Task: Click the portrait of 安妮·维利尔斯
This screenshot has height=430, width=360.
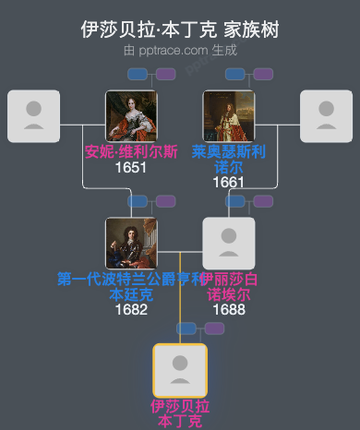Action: click(x=131, y=116)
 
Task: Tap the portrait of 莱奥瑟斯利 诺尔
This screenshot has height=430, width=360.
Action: click(x=228, y=116)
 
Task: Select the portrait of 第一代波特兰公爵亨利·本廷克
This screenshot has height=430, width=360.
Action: click(x=131, y=244)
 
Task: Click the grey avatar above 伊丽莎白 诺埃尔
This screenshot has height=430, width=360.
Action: click(x=228, y=244)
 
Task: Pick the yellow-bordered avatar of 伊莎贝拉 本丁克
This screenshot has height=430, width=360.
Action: click(x=180, y=370)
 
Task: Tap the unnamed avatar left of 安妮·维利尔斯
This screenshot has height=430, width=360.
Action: click(x=33, y=116)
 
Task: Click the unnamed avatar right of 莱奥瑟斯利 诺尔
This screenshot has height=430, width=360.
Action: click(x=326, y=116)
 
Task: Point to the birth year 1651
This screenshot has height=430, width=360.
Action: click(x=131, y=168)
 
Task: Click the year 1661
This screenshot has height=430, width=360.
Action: click(x=228, y=182)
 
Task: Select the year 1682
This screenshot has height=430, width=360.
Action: click(x=131, y=309)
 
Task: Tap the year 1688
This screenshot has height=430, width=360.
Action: click(x=228, y=309)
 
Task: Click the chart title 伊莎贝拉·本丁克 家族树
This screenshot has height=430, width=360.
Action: click(x=180, y=30)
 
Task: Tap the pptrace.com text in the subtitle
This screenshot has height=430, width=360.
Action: click(x=174, y=50)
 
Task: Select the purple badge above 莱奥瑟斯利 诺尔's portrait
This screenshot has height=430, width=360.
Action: click(x=263, y=74)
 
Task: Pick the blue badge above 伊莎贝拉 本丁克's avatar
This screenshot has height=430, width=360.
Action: click(x=187, y=328)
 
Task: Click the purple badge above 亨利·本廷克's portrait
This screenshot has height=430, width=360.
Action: click(x=165, y=201)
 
